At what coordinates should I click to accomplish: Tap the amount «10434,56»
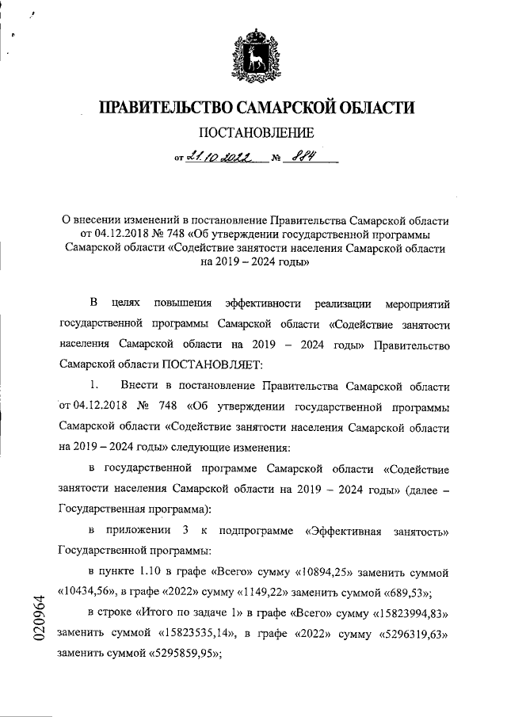click(x=90, y=590)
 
